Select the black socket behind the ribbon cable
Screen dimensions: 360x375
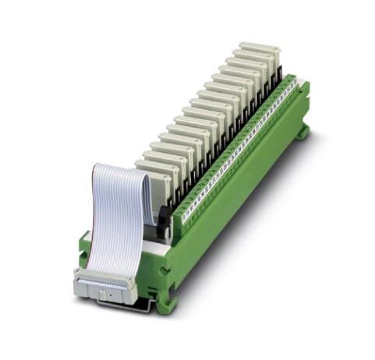pos(163,223)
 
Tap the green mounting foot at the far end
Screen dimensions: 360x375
pos(301,132)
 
